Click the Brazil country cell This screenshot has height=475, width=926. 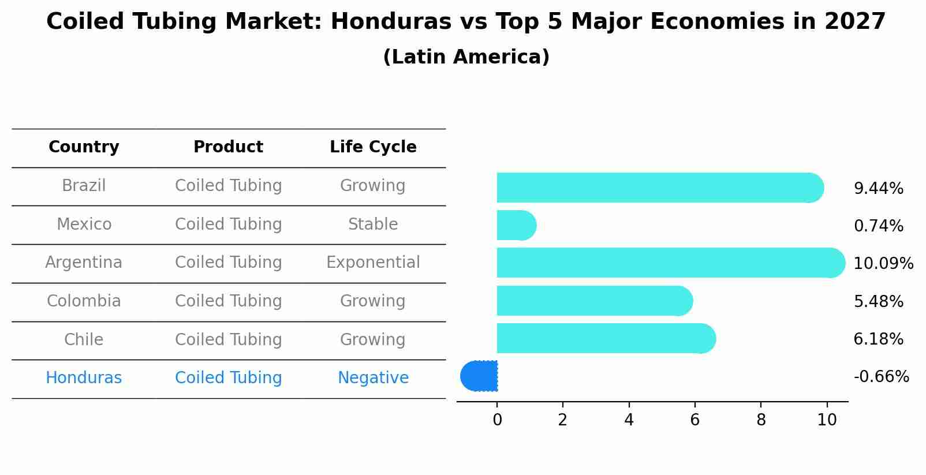point(84,186)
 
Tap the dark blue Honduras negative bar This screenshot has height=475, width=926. point(480,376)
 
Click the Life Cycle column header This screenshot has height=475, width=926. point(373,147)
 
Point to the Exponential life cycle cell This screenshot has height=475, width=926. point(373,263)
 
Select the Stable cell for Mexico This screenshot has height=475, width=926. point(373,224)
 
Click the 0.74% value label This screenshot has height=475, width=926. point(878,226)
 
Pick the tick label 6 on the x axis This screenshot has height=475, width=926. point(694,420)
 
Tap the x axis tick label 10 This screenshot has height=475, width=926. point(827,420)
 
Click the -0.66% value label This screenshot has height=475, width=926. point(881,377)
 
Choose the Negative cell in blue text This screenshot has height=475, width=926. point(373,378)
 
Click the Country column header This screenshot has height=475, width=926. point(84,147)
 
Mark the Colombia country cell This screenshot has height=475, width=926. point(84,301)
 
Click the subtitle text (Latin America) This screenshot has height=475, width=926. point(466,57)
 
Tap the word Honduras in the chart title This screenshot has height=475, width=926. point(391,22)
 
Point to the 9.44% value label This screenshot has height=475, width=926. point(878,189)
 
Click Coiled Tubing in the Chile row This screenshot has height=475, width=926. point(228,339)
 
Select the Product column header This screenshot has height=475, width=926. point(228,147)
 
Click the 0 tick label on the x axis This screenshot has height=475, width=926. point(497,420)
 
